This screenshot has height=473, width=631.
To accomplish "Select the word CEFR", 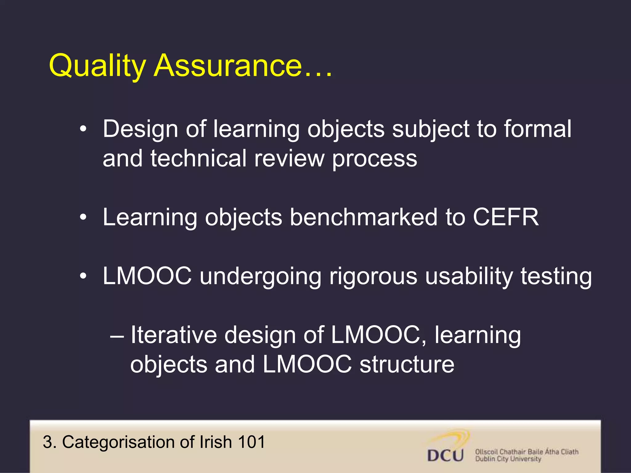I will click(506, 217).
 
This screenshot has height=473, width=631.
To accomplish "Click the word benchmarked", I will click(364, 217).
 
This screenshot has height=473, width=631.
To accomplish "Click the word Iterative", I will click(174, 335).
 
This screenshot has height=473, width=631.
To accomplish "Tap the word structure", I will click(407, 364).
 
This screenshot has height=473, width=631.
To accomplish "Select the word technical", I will click(198, 159).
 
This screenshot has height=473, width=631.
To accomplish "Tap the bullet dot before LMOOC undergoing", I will click(83, 276).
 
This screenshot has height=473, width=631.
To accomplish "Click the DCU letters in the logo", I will click(446, 455).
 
